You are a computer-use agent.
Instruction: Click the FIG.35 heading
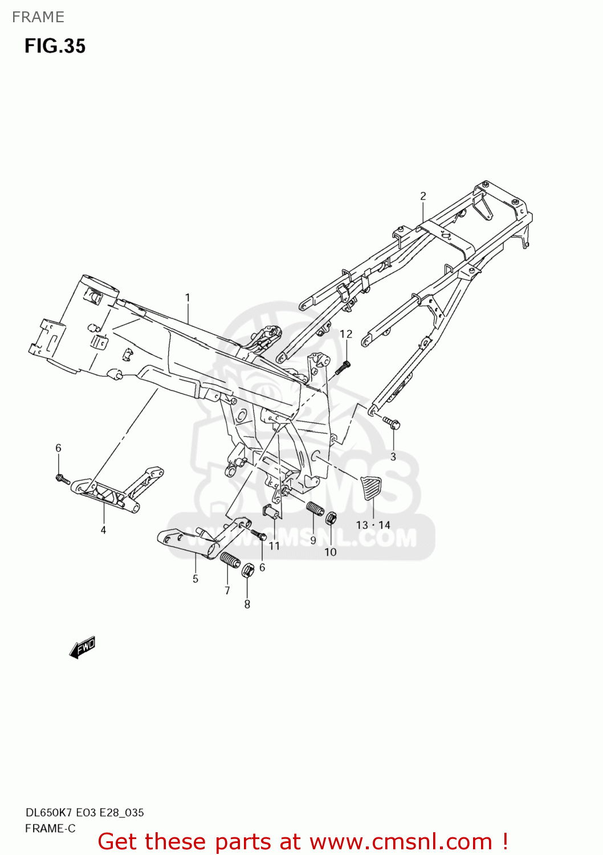pos(55,46)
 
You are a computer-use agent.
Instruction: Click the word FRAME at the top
pos(38,17)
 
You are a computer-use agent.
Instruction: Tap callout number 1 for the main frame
pos(188,298)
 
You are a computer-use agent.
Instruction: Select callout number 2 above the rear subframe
pos(423,196)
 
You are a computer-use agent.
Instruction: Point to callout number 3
pos(393,457)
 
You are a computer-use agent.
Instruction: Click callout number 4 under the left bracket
pos(103,530)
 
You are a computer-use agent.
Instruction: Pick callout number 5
pos(195,579)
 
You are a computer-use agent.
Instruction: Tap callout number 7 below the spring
pos(227,591)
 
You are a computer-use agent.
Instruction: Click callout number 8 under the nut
pos(247,604)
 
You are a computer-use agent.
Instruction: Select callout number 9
pos(313,540)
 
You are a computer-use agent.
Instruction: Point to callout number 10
pos(331,552)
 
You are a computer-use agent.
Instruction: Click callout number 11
pos(275,546)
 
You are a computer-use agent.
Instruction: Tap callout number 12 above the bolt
pos(346,334)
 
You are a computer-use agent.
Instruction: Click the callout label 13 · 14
pos(373,525)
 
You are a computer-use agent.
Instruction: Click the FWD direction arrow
pos(83,648)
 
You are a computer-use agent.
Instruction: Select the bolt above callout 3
pos(392,423)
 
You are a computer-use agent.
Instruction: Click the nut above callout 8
pos(247,570)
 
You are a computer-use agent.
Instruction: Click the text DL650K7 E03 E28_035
pos(84,813)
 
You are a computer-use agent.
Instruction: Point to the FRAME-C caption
pos(50,828)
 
